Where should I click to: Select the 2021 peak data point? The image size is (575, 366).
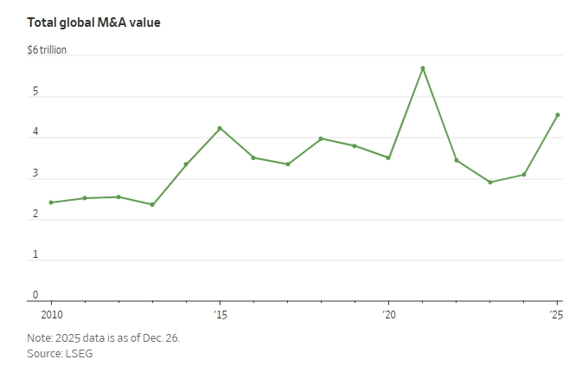423,67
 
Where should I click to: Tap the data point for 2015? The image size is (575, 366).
220,128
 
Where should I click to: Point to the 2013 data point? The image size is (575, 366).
152,204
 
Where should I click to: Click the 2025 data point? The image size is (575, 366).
558,114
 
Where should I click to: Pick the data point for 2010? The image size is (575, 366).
51,202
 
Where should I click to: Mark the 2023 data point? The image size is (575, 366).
490,182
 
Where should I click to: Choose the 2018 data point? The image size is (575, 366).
321,138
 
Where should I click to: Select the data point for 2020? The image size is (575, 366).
388,157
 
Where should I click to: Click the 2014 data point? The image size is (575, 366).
186,164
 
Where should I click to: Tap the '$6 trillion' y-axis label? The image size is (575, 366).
47,50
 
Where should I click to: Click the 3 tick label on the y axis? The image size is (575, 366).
35,174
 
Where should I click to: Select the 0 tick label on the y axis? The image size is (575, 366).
35,295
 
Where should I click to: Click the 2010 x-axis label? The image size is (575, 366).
51,314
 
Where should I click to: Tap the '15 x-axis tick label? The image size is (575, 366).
220,314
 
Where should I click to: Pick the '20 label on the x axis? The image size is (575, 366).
388,314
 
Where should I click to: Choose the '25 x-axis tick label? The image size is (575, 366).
556,314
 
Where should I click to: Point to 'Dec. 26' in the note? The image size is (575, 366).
162,337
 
